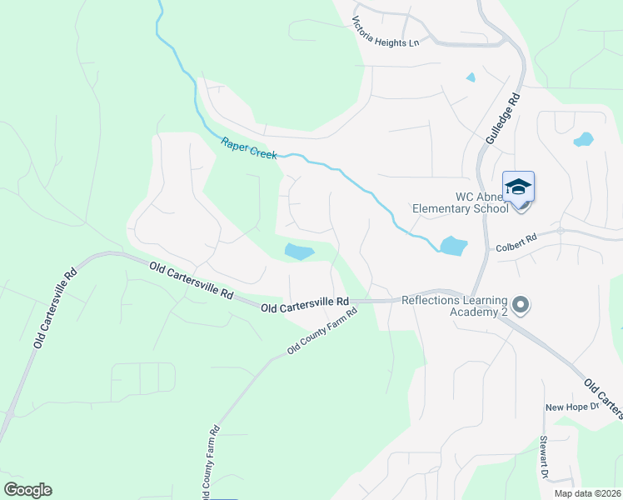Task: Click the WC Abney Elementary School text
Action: point(461,202)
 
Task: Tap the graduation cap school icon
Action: point(518,186)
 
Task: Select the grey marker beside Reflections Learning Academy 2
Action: point(521,306)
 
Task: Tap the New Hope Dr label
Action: point(572,407)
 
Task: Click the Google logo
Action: point(27,490)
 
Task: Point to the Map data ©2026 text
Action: point(586,493)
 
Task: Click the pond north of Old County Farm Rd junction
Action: point(300,251)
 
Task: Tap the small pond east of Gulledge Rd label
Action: point(583,139)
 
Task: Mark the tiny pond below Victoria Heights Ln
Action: point(471,78)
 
